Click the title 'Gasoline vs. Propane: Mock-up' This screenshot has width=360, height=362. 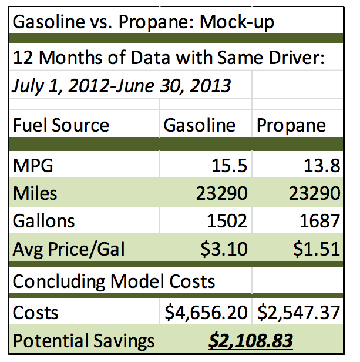pyautogui.click(x=143, y=24)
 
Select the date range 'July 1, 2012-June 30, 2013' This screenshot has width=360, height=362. pyautogui.click(x=122, y=86)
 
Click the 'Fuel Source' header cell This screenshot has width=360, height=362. pyautogui.click(x=61, y=125)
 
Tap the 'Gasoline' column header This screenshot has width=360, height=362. pyautogui.click(x=199, y=125)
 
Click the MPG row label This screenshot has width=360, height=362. pyautogui.click(x=33, y=165)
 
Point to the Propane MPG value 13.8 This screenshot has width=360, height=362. pyautogui.click(x=318, y=165)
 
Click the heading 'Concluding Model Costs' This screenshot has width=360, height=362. pyautogui.click(x=114, y=281)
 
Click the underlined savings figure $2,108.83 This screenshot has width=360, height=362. pyautogui.click(x=251, y=341)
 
